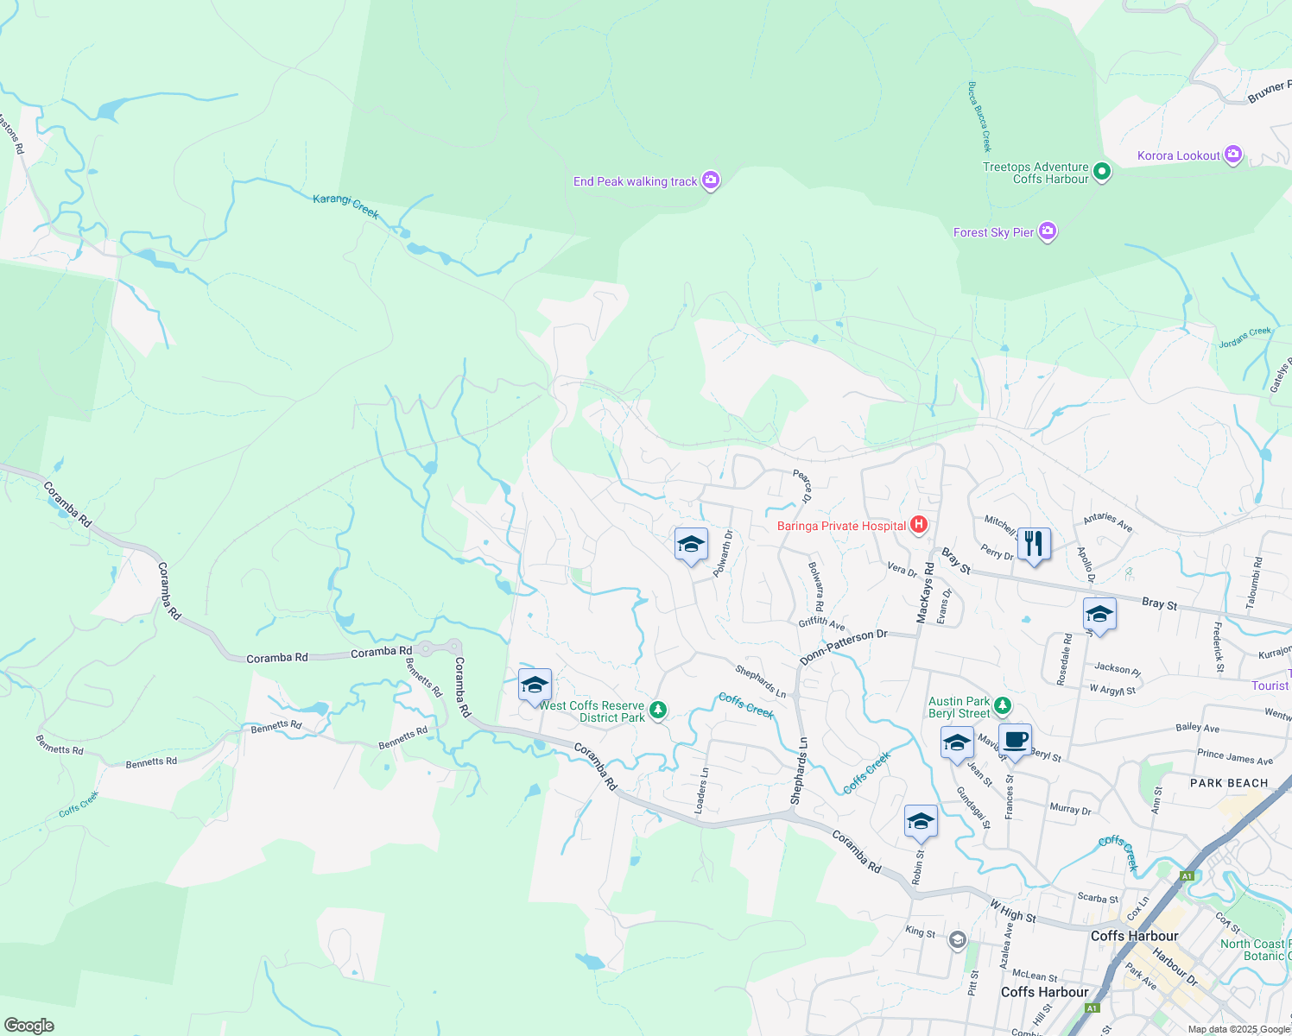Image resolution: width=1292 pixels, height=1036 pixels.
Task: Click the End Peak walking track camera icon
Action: tap(711, 180)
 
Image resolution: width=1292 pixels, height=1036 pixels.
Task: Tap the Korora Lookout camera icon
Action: tap(1233, 155)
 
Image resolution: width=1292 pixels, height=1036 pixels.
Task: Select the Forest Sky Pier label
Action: tap(993, 232)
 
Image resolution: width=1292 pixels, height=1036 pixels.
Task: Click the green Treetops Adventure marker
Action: tap(1101, 172)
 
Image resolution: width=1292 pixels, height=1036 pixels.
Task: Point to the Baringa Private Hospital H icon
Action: tap(918, 525)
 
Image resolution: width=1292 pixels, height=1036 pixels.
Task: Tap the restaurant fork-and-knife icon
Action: tap(1034, 543)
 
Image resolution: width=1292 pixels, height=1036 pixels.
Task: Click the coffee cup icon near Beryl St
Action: tap(1016, 740)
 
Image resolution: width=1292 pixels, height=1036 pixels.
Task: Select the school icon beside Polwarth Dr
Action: tap(690, 544)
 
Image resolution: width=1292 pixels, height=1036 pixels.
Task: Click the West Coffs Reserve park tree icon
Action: tap(658, 711)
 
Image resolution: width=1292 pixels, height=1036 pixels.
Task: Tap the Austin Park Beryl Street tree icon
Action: tap(1002, 706)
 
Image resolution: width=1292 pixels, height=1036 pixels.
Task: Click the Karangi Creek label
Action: tap(345, 205)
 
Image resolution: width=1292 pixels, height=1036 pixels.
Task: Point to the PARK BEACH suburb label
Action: tap(1229, 783)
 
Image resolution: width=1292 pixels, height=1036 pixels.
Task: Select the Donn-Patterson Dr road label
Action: tap(843, 647)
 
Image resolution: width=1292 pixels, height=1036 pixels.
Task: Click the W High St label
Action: tap(1012, 911)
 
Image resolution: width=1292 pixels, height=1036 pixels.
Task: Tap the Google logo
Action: tap(28, 1025)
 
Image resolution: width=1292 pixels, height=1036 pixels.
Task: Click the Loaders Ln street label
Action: tap(701, 790)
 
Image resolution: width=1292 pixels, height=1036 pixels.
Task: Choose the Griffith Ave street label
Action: tap(821, 622)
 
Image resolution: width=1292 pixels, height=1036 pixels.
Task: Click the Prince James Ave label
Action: tap(1234, 757)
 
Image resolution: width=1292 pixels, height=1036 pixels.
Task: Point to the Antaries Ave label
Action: tap(1107, 522)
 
